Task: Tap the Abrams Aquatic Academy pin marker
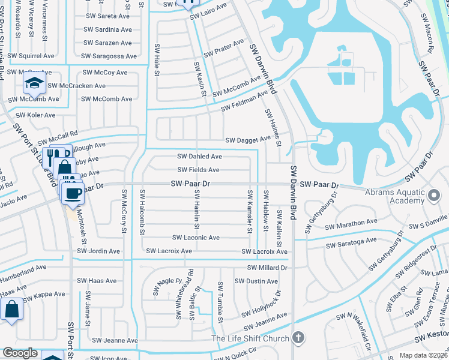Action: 434,196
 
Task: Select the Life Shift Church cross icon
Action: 295,338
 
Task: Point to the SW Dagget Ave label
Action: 248,140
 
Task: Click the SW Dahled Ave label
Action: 199,156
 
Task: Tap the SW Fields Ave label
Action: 198,170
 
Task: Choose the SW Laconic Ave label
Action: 196,238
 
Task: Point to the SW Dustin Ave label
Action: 255,281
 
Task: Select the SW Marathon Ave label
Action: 351,225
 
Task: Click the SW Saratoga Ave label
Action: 351,242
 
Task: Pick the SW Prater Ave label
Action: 224,48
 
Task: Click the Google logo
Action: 20,353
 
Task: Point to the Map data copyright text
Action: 424,355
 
